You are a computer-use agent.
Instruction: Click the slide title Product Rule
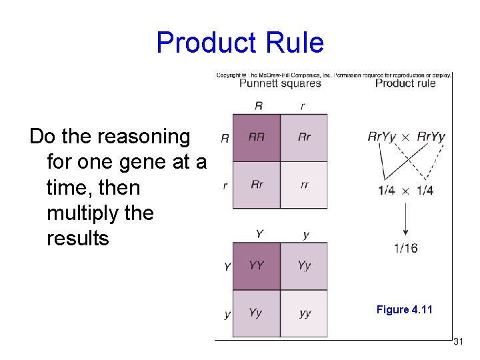click(240, 43)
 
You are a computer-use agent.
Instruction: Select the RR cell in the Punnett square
click(256, 137)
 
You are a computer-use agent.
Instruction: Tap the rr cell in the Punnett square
click(304, 185)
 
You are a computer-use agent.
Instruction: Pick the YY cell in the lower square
click(256, 265)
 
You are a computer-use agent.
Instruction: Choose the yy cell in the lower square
click(304, 313)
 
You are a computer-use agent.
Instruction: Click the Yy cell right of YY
click(304, 265)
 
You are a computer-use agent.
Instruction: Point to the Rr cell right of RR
click(304, 137)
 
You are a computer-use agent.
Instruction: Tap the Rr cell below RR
click(256, 185)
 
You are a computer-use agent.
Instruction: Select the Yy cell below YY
click(256, 313)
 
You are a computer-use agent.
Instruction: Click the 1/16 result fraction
click(405, 248)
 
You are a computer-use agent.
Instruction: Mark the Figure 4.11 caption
click(404, 309)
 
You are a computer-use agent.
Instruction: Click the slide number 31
click(458, 341)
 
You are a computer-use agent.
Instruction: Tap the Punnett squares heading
click(280, 83)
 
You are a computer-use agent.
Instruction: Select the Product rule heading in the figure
click(405, 83)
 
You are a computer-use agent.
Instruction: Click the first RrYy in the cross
click(382, 137)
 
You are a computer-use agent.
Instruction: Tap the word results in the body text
click(77, 238)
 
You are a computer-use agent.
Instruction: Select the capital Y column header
click(258, 234)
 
